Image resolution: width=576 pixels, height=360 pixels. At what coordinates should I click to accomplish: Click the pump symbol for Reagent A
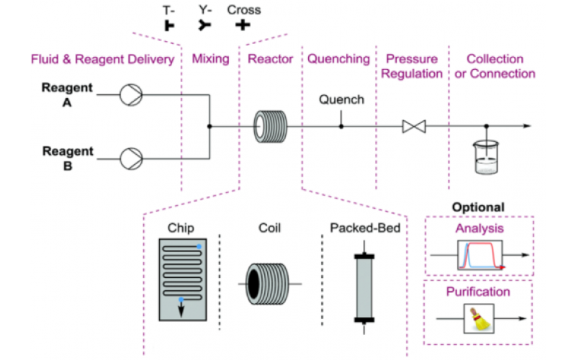pyautogui.click(x=132, y=94)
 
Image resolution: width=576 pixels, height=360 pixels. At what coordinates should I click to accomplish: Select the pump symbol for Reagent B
pyautogui.click(x=132, y=156)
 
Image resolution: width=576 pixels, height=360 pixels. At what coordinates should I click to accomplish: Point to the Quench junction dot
pyautogui.click(x=341, y=126)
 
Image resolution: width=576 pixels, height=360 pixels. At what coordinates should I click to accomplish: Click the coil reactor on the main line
pyautogui.click(x=270, y=126)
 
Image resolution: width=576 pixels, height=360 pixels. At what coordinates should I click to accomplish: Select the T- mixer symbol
pyautogui.click(x=171, y=27)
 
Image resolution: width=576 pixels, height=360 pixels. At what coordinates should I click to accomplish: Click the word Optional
pyautogui.click(x=478, y=207)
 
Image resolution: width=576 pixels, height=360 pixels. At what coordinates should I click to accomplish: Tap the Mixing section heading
pyautogui.click(x=211, y=59)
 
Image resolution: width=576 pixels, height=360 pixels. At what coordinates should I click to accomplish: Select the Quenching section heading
pyautogui.click(x=338, y=59)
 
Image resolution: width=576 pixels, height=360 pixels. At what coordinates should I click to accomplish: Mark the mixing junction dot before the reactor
pyautogui.click(x=210, y=126)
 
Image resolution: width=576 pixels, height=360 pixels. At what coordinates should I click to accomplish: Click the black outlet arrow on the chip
pyautogui.click(x=181, y=307)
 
